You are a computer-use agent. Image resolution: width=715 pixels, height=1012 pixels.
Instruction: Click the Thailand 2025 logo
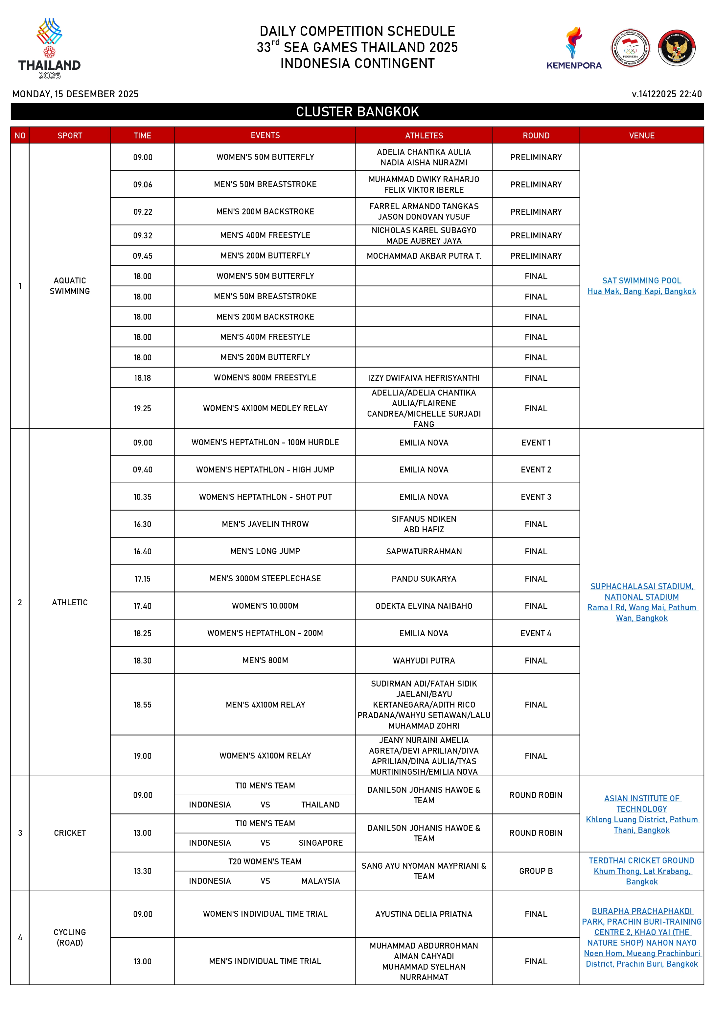(x=49, y=48)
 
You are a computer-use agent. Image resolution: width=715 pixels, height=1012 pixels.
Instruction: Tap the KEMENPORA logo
(x=574, y=48)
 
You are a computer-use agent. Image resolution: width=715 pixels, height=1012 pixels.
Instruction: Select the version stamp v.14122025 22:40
(x=666, y=94)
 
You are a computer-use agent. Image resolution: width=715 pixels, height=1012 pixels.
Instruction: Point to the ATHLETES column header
(x=424, y=135)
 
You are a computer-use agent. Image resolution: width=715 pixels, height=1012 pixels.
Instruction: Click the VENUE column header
(x=641, y=135)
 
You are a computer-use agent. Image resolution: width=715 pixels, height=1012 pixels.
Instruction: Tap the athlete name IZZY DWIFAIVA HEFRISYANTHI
(x=424, y=378)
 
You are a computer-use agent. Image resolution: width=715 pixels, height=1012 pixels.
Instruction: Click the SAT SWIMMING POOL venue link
(x=641, y=281)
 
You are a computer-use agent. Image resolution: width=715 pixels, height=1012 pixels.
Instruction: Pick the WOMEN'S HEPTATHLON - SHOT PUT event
(x=265, y=497)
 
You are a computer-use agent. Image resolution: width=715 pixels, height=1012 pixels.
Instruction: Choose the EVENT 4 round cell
(x=536, y=633)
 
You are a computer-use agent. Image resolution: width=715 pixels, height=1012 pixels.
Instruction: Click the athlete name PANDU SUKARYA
(x=424, y=579)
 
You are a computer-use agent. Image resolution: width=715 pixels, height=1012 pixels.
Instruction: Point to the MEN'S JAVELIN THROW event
(x=265, y=524)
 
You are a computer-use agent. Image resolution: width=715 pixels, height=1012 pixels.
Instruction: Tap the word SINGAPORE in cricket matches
(x=321, y=843)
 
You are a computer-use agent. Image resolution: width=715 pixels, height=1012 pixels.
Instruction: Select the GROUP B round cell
(x=536, y=871)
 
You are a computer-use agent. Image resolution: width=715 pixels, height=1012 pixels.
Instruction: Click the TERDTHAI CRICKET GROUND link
(x=641, y=861)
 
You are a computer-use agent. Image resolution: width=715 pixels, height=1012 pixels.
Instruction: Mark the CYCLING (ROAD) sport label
(x=70, y=937)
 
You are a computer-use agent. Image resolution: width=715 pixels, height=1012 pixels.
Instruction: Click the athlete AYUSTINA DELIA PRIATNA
(x=424, y=914)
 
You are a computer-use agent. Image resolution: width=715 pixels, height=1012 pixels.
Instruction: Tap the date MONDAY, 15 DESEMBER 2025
(x=75, y=94)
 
